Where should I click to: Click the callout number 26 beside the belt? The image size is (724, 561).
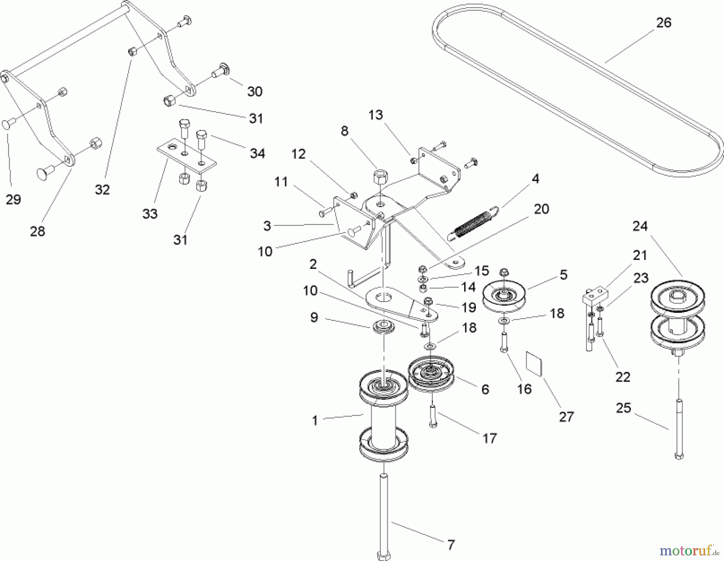(664, 23)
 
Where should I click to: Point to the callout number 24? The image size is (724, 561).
(640, 226)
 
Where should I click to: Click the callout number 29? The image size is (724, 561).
(13, 199)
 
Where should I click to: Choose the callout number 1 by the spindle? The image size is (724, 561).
(315, 421)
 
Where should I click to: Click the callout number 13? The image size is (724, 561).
(375, 115)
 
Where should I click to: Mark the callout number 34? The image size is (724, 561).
(257, 153)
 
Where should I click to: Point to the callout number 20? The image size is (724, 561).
(541, 209)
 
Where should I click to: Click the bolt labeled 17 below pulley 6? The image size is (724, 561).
(433, 417)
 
